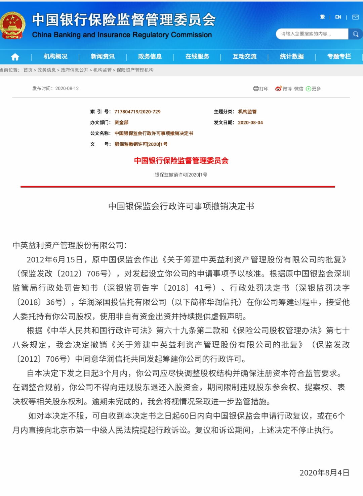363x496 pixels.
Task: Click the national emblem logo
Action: [x=13, y=26]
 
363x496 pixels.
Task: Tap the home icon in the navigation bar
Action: [x=15, y=57]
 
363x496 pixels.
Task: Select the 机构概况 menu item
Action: [x=55, y=56]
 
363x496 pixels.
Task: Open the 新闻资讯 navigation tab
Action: [x=103, y=56]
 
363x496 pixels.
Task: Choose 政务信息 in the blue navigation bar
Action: [x=150, y=56]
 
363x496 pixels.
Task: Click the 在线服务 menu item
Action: [x=197, y=56]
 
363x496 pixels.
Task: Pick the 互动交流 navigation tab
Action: [x=245, y=56]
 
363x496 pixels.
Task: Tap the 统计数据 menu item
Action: [x=292, y=56]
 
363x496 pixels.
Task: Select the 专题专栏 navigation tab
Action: [x=339, y=56]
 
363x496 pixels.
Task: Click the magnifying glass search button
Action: [x=356, y=34]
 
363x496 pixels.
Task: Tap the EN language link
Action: [x=338, y=17]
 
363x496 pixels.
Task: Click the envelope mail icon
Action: [x=355, y=17]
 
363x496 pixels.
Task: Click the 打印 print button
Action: [x=261, y=89]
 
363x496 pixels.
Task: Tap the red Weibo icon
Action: [x=278, y=89]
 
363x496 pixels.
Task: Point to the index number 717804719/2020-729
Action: [x=137, y=112]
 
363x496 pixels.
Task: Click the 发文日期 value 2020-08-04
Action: [x=250, y=122]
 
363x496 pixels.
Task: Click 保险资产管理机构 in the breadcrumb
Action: [x=135, y=70]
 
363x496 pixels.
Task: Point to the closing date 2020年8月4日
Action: [x=324, y=473]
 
